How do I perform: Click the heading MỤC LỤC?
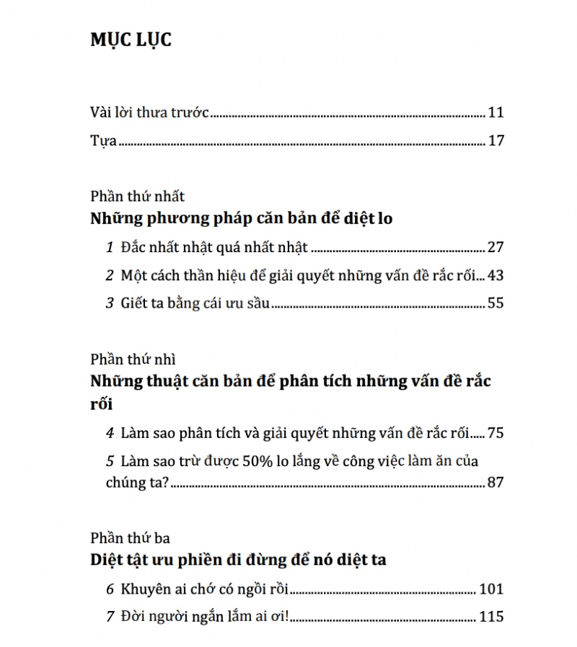pyautogui.click(x=131, y=40)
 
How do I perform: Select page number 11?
pyautogui.click(x=495, y=112)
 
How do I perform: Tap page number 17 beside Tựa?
pyautogui.click(x=495, y=140)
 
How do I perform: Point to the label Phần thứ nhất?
pyautogui.click(x=138, y=196)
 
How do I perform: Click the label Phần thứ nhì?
pyautogui.click(x=133, y=359)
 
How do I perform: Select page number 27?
pyautogui.click(x=495, y=247)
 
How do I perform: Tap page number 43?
pyautogui.click(x=495, y=275)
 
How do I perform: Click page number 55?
pyautogui.click(x=495, y=303)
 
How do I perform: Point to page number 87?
pyautogui.click(x=495, y=482)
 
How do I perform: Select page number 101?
pyautogui.click(x=490, y=589)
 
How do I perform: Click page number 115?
pyautogui.click(x=490, y=617)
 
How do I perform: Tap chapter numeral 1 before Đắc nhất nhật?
pyautogui.click(x=110, y=248)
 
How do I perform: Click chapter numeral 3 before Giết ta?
pyautogui.click(x=110, y=303)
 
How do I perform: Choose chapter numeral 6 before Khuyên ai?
pyautogui.click(x=110, y=589)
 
